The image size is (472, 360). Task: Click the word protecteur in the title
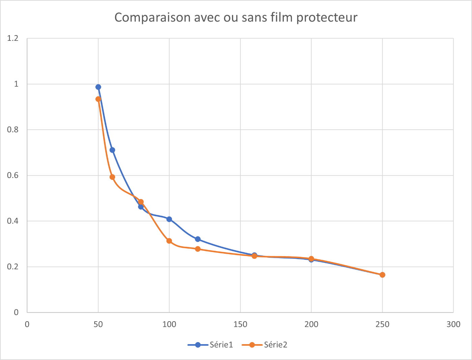coord(327,18)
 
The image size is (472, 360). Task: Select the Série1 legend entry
coord(221,344)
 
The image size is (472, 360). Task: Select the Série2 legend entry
coord(275,344)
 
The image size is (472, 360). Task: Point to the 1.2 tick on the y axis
coord(13,38)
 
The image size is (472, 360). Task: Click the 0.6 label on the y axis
coord(13,175)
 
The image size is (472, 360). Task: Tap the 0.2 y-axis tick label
coord(13,267)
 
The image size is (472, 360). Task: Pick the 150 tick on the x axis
coord(240,324)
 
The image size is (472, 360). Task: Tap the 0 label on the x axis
coord(27,324)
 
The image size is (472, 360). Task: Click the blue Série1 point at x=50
coord(98,87)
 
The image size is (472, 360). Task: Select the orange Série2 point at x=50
coord(98,99)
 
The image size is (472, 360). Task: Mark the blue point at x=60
coord(112,150)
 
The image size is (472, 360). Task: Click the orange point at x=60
coord(112,177)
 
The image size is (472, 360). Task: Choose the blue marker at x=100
coord(169,219)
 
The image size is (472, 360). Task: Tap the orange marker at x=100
coord(169,241)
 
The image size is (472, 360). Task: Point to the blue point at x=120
coord(198,239)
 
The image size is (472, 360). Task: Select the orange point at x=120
coord(198,249)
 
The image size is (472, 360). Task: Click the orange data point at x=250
coord(382,275)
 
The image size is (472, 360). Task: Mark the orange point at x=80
coord(141,202)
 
